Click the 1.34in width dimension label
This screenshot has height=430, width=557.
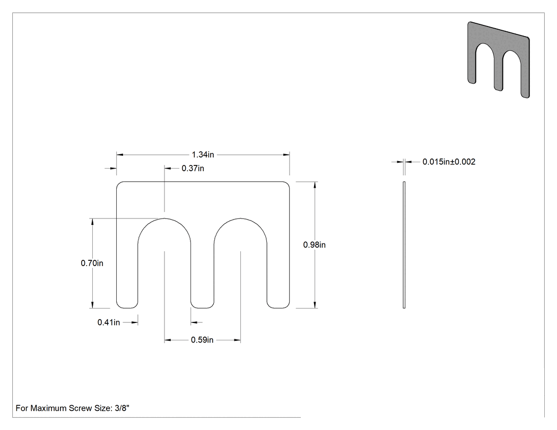[x=203, y=154]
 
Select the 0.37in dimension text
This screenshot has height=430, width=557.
[x=193, y=168]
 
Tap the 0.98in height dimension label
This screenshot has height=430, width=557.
[x=315, y=244]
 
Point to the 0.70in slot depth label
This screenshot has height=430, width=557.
[x=92, y=263]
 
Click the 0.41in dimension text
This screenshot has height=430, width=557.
[x=109, y=322]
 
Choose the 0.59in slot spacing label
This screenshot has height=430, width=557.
[x=202, y=340]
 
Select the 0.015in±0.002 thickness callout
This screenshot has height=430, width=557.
[x=449, y=162]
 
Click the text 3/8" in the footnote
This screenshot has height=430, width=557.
[x=122, y=408]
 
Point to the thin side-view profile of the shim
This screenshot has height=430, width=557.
[x=404, y=245]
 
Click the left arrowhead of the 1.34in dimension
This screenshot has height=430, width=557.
[x=120, y=155]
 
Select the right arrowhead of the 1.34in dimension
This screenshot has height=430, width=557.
[x=286, y=155]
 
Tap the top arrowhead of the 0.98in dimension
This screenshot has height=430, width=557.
[x=315, y=185]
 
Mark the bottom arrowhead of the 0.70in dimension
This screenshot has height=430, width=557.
[x=92, y=305]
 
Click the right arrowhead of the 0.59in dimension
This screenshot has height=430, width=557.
[x=237, y=340]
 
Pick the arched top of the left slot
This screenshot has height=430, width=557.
[x=164, y=218]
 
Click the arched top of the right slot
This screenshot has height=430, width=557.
[x=240, y=218]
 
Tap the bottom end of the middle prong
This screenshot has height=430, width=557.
[x=202, y=308]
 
